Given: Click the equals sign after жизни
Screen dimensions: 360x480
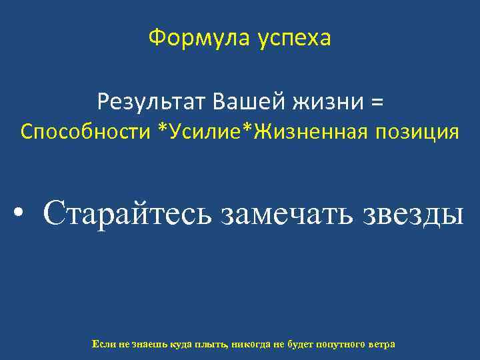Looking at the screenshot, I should click(377, 103).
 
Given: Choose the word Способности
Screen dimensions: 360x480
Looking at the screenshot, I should click(85, 132).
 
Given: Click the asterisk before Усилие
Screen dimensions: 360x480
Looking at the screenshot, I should click(163, 129).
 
